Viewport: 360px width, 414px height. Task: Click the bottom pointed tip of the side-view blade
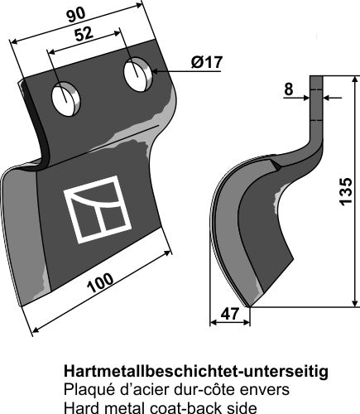click(246, 303)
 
